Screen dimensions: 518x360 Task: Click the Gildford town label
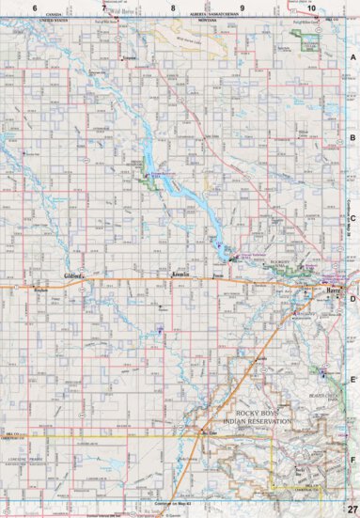(74, 276)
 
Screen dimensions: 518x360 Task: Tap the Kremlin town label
(181, 275)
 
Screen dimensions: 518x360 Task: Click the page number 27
(351, 509)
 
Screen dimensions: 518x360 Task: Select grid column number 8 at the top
(173, 8)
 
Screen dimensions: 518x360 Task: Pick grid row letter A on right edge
(352, 57)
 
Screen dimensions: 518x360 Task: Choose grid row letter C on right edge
(352, 219)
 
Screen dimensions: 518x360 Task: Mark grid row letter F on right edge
(352, 461)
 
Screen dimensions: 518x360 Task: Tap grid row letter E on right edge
(352, 380)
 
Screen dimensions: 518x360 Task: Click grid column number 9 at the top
(243, 8)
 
